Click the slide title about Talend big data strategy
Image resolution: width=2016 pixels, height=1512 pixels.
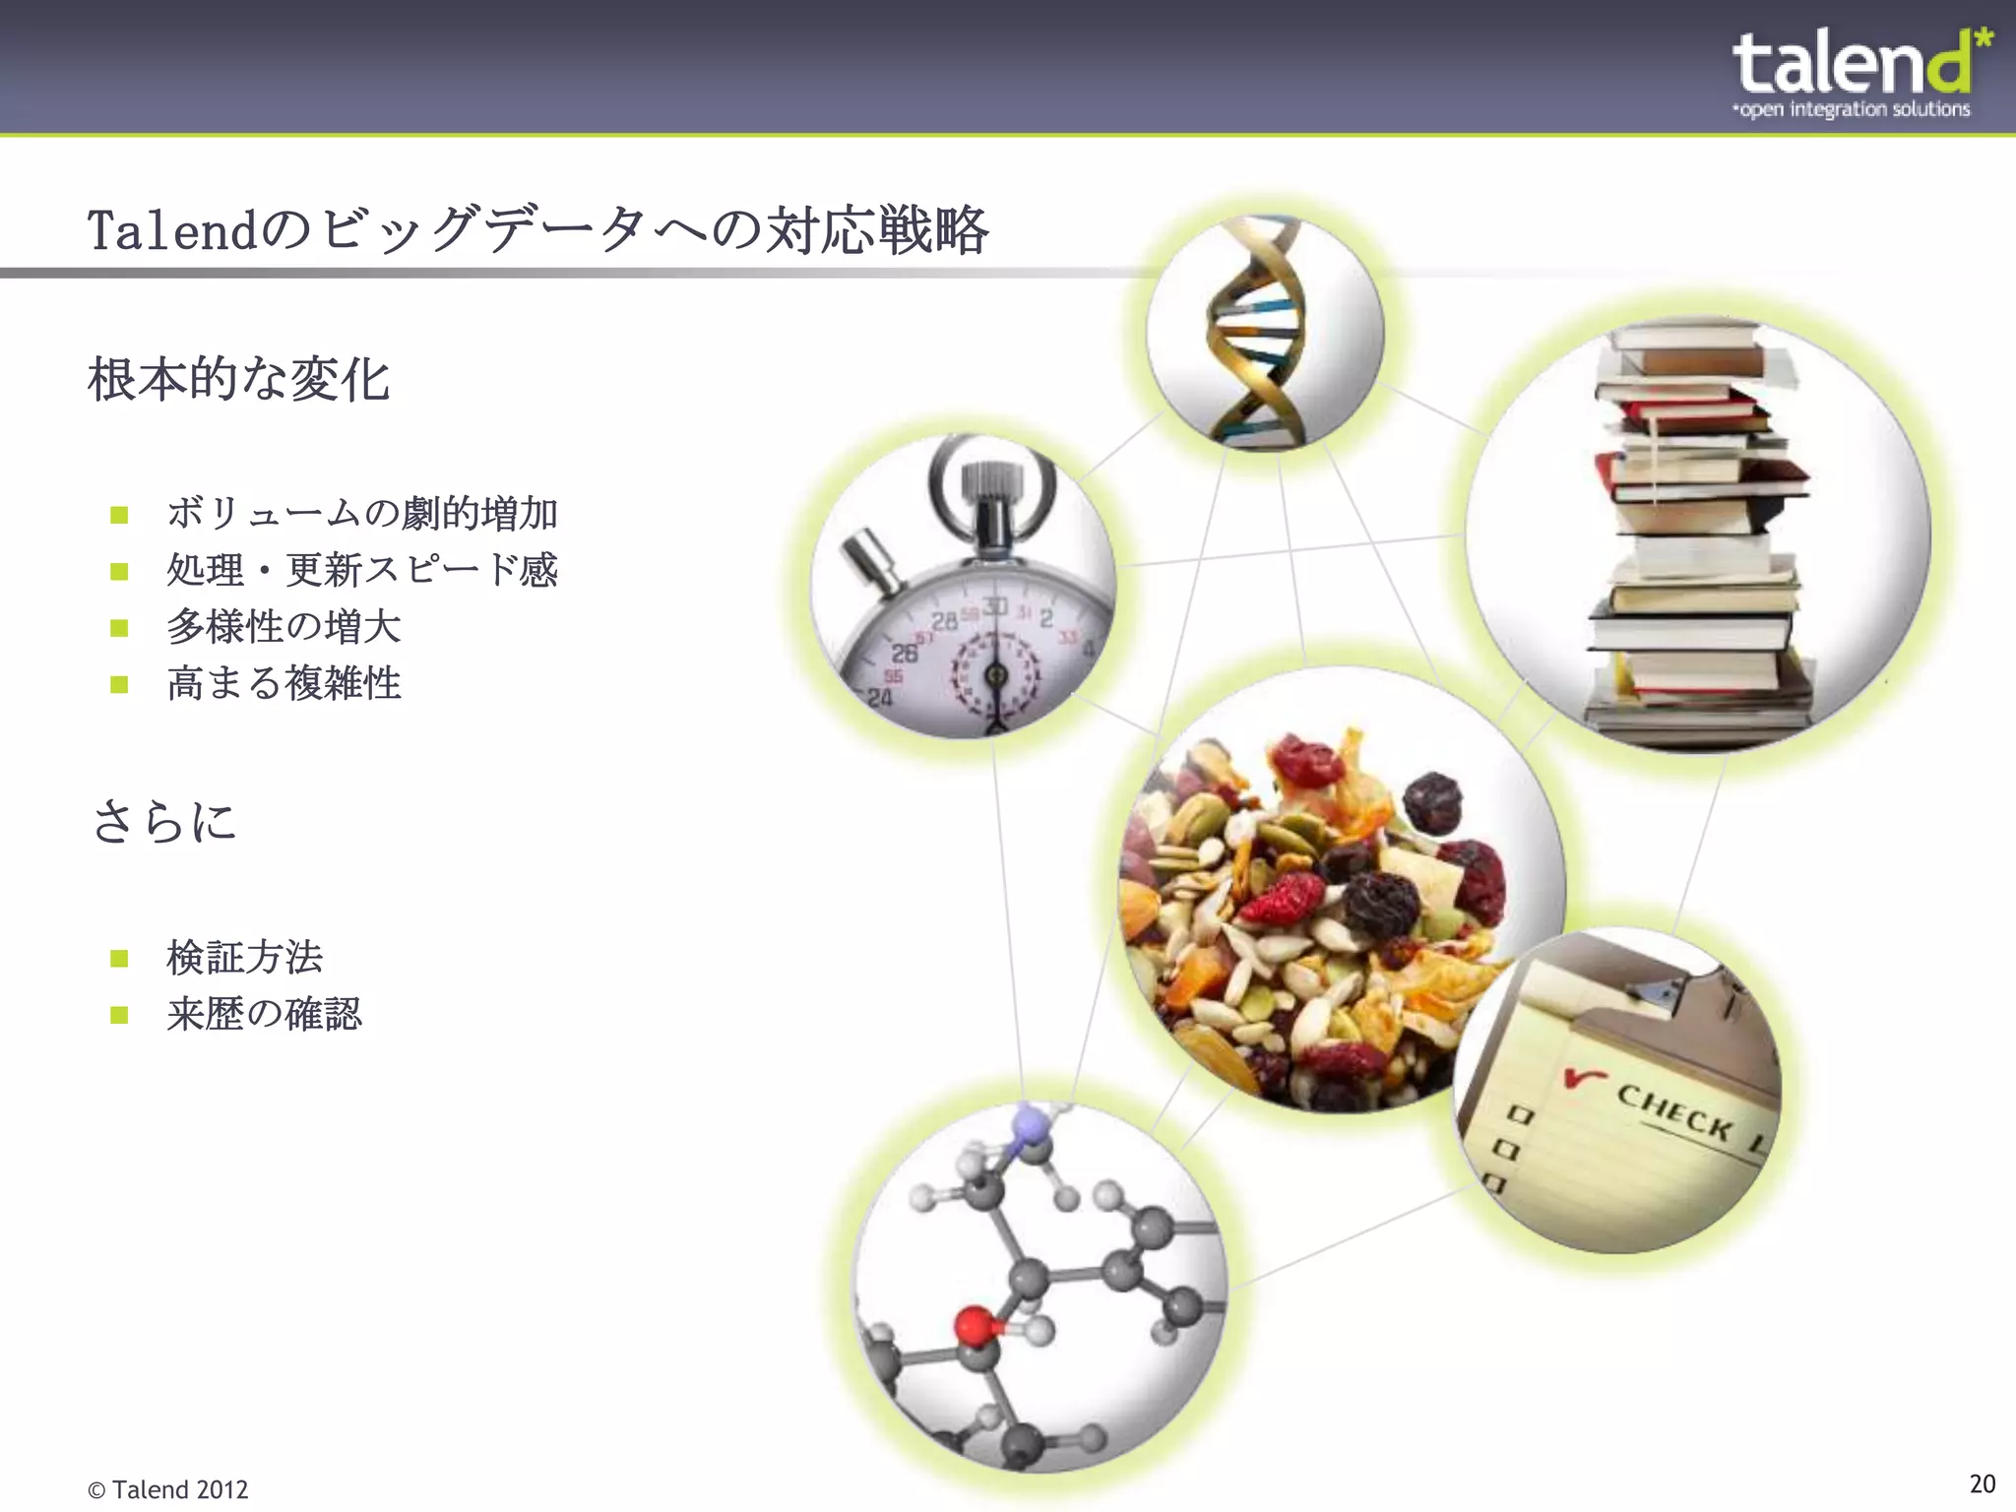point(537,230)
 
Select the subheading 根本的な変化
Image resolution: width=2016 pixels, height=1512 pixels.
point(239,380)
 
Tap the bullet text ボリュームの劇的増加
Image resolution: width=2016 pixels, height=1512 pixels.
point(362,514)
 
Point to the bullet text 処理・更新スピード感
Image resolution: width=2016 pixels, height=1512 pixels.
point(362,570)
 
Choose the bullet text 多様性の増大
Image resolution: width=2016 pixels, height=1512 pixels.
point(283,627)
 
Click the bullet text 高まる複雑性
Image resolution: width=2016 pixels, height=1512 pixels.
point(283,683)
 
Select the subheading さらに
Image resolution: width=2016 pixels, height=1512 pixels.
point(164,821)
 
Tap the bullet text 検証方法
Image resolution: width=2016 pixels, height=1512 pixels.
point(244,957)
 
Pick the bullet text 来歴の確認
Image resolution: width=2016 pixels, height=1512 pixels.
point(264,1014)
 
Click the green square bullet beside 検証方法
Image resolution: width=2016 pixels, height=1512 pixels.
point(120,958)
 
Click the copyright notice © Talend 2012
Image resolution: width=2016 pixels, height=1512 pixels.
point(168,1489)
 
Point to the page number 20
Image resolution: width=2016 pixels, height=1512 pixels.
point(1982,1483)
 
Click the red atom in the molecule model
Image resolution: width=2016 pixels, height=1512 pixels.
point(975,1324)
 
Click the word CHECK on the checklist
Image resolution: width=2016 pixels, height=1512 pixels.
point(1673,1111)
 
